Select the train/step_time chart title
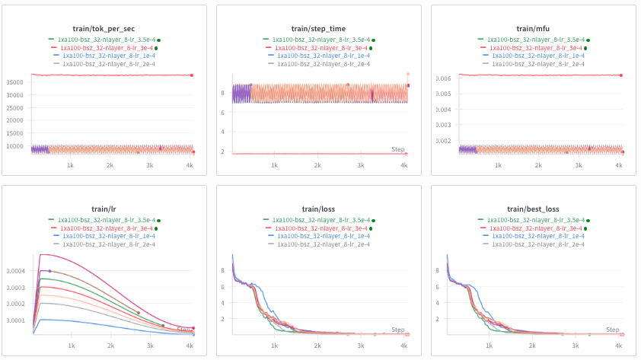coord(319,28)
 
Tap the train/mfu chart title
coord(534,28)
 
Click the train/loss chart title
coord(319,209)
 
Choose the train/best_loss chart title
coord(534,209)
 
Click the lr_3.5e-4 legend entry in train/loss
coord(320,219)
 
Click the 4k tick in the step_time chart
coord(404,165)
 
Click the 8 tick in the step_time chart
coord(222,93)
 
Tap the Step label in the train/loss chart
coord(398,330)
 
